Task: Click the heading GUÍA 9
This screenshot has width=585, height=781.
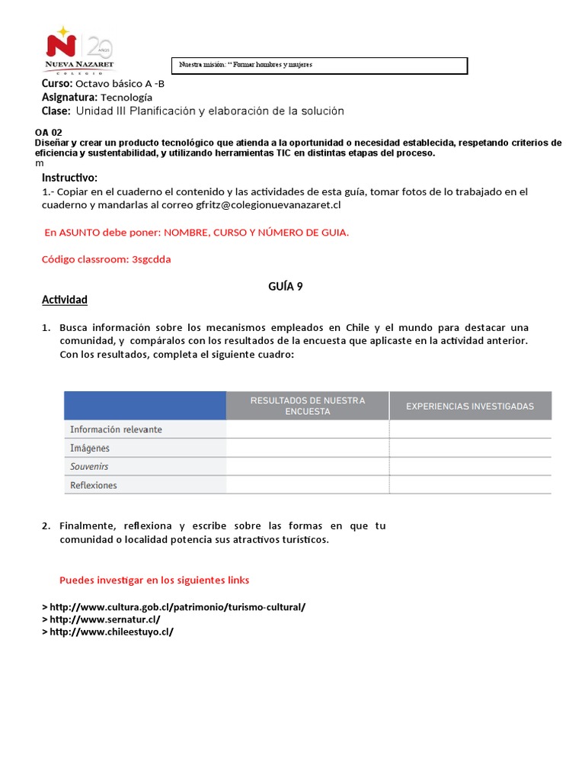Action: coord(286,286)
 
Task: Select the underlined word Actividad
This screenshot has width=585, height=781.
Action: coord(65,300)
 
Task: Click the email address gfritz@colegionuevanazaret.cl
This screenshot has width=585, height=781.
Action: coord(267,204)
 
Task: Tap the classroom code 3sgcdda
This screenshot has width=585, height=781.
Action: coord(151,259)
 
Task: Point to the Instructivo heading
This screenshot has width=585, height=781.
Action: coord(69,178)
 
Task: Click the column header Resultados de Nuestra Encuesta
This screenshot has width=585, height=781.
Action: coord(307,406)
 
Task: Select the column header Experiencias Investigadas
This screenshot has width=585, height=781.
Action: coord(470,406)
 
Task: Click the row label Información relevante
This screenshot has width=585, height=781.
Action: coord(116,429)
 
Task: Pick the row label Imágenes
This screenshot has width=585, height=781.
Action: coord(90,448)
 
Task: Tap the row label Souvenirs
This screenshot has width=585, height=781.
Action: coord(89,466)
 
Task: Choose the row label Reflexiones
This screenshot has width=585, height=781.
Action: coord(94,485)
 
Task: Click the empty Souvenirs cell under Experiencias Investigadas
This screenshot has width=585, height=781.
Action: coord(470,466)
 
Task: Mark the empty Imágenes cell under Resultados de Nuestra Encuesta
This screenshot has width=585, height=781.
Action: coord(307,448)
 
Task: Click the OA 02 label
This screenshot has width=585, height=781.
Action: coord(49,132)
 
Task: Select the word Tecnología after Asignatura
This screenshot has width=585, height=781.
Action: coord(126,97)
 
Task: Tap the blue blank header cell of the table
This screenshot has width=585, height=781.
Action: coord(145,406)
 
